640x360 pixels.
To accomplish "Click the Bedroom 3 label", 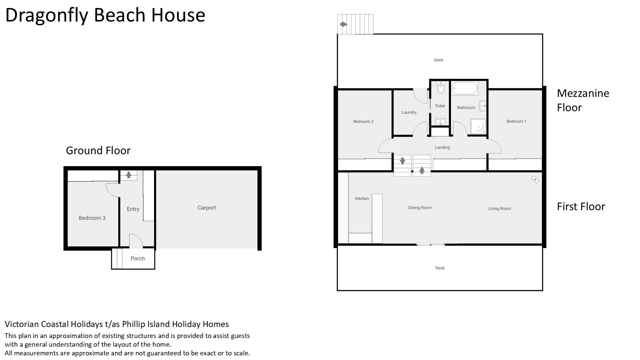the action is coord(92,218).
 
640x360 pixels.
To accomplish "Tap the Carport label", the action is coord(207,208).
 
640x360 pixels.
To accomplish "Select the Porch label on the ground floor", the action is coord(138,258).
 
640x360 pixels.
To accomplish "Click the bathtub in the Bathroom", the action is coord(465,89).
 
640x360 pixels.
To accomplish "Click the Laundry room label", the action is coord(409,112).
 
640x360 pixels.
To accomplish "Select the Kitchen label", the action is coord(362,199).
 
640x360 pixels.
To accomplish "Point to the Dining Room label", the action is coord(420,208).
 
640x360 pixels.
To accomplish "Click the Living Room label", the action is coord(500,209).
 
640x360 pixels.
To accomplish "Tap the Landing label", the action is coord(442,147).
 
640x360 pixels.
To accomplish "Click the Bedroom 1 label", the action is coord(516,121).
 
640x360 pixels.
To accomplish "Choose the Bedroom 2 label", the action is coord(363,122).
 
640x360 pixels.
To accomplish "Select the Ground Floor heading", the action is coord(98,150).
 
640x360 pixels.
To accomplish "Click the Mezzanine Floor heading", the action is coord(583,100).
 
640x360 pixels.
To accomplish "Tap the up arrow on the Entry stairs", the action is coord(129,174).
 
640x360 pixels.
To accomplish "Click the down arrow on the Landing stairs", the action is coord(402,161).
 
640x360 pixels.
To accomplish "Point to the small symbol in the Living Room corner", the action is coord(535,179).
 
